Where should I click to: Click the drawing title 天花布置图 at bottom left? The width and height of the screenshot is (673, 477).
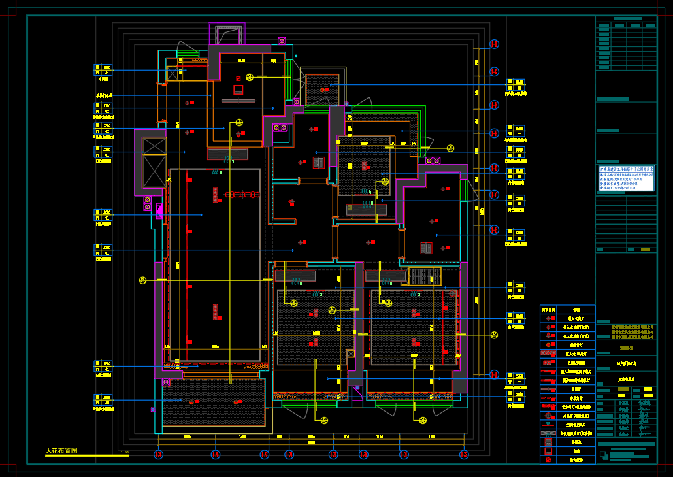[61, 451]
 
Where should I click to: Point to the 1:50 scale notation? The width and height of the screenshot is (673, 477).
[124, 452]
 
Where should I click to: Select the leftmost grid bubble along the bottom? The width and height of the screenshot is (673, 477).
[158, 455]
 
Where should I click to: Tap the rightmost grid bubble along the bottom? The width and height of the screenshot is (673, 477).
[464, 455]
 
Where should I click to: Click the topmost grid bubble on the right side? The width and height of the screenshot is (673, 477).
[495, 44]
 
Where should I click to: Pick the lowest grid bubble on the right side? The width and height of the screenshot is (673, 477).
[495, 375]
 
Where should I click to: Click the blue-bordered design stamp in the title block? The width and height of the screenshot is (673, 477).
[626, 178]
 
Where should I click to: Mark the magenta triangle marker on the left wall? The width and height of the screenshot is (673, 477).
[159, 210]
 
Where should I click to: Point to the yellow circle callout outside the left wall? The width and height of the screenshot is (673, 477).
[142, 280]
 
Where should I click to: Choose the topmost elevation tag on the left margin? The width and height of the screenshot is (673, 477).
[103, 70]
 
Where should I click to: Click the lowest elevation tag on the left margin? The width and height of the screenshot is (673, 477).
[103, 401]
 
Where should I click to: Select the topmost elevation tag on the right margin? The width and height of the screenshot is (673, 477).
[516, 86]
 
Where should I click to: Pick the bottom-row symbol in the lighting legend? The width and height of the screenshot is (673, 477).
[549, 460]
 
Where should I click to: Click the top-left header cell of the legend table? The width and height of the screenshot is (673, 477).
[549, 310]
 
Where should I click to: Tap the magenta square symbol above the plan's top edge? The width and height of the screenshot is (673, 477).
[282, 41]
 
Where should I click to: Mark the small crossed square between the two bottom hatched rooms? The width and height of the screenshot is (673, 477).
[351, 353]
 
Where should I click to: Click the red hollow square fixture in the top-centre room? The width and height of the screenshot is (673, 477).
[238, 90]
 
